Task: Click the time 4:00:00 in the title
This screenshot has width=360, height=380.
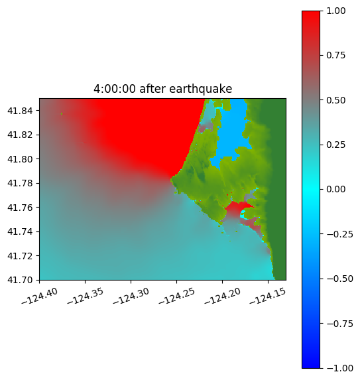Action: coord(115,89)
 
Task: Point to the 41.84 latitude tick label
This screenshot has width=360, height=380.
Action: coord(20,111)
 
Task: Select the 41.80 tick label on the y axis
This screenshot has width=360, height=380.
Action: coord(20,159)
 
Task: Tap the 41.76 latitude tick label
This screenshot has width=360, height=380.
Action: coord(20,208)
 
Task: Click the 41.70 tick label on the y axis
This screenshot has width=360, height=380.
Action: coord(20,280)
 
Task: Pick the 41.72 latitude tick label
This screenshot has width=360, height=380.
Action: coord(20,256)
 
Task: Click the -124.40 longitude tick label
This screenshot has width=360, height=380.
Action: coord(40,296)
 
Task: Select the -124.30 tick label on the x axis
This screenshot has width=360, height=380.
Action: coord(131,296)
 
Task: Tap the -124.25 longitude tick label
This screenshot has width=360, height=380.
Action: coord(177,296)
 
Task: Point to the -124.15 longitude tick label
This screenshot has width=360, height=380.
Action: coord(268,296)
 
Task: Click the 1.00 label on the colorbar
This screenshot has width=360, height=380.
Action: coord(335,11)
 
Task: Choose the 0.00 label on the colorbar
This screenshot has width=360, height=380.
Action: coord(335,189)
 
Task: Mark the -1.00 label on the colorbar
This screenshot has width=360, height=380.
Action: coord(339,368)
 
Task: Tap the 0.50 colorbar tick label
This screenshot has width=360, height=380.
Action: coord(335,100)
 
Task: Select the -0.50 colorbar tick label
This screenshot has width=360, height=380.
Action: coord(339,279)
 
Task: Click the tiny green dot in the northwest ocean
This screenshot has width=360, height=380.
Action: coord(62,113)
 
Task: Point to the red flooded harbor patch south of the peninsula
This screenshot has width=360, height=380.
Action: coord(236,208)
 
